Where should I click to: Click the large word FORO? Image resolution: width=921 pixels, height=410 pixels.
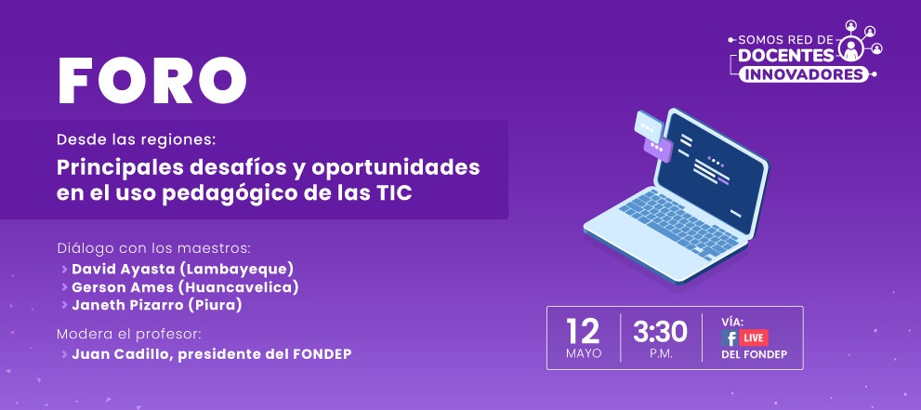[152, 81]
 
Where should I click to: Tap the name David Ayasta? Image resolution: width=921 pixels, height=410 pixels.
[124, 269]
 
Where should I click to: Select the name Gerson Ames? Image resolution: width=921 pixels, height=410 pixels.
[123, 288]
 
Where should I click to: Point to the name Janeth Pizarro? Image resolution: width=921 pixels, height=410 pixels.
[125, 306]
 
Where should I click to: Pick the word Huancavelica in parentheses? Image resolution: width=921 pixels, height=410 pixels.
[239, 288]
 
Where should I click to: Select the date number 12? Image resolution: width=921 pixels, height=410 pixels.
[583, 332]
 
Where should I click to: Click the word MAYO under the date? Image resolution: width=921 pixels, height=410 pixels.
[584, 353]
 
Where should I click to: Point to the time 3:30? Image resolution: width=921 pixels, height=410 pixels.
[660, 333]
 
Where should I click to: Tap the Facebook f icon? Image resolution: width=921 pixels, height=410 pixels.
[730, 337]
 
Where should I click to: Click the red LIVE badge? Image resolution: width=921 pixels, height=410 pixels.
[754, 337]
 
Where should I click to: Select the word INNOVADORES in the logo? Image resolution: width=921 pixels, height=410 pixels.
[803, 75]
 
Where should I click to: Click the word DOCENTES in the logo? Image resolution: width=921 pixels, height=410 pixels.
[786, 56]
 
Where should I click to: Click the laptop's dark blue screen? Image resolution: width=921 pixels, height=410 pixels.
[710, 170]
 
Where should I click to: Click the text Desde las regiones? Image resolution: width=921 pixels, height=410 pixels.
[137, 140]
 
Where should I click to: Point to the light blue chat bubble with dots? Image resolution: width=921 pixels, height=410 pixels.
[649, 126]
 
